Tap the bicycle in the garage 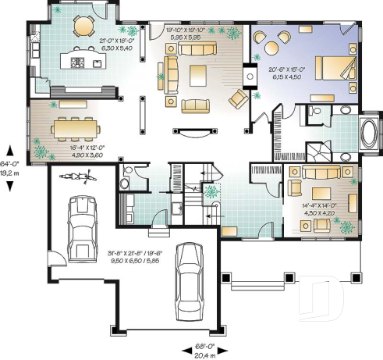tap(82, 176)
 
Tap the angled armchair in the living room tap(238, 98)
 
